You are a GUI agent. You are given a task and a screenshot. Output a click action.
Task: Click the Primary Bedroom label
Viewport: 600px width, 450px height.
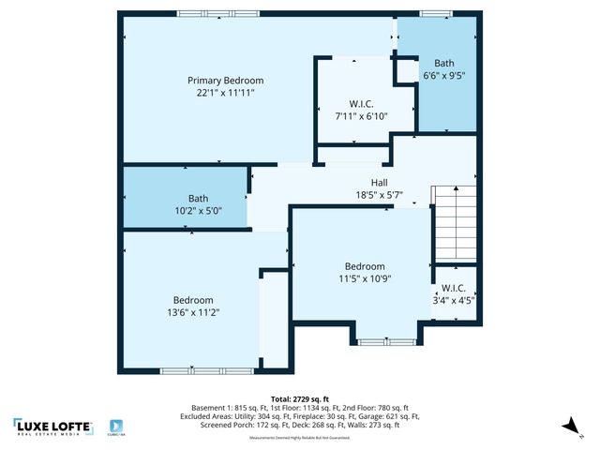pyautogui.click(x=225, y=81)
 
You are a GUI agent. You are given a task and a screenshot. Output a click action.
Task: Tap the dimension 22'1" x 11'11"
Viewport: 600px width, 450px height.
pyautogui.click(x=225, y=93)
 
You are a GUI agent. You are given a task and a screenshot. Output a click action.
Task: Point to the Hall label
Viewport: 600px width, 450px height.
pyautogui.click(x=380, y=183)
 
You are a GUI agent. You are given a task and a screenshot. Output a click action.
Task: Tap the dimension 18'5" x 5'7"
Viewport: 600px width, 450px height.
pyautogui.click(x=380, y=195)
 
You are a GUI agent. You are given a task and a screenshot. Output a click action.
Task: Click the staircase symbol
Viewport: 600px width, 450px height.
pyautogui.click(x=454, y=222)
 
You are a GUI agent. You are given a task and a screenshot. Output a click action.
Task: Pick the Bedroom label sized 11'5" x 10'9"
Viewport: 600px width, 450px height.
pyautogui.click(x=364, y=266)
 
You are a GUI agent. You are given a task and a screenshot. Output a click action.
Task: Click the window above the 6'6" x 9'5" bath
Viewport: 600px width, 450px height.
pyautogui.click(x=434, y=13)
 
